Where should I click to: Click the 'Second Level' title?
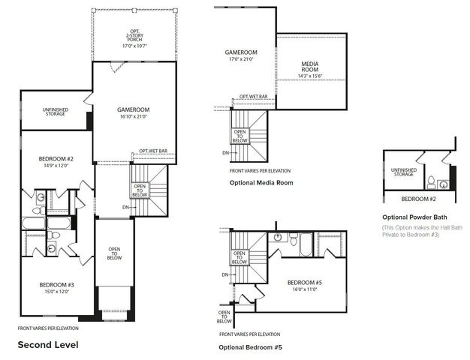(47, 345)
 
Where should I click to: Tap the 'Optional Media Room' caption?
(261, 182)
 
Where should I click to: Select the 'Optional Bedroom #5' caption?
(251, 347)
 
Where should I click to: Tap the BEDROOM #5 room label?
(304, 283)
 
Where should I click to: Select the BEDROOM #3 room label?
(54, 285)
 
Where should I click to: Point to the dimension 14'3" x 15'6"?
(309, 76)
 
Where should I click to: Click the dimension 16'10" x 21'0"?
(132, 116)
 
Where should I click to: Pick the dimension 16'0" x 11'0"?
(304, 289)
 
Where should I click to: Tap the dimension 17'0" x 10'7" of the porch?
(134, 46)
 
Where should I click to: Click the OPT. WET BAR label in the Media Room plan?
(254, 97)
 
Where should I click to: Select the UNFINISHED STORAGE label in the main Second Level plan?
(54, 112)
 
